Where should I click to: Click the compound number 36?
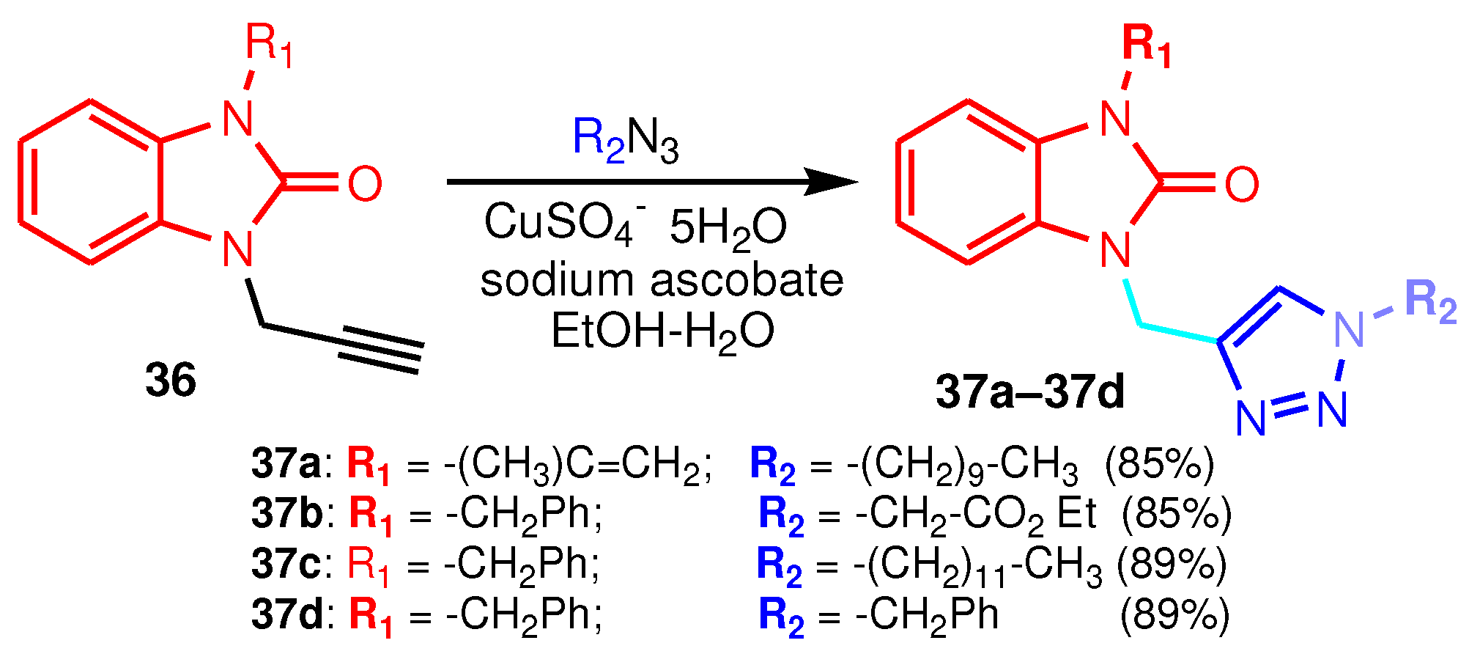click(171, 381)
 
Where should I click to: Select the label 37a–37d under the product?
click(1029, 392)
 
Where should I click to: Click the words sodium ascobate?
click(662, 280)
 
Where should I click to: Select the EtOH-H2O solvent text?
click(662, 331)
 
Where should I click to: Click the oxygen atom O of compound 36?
click(364, 183)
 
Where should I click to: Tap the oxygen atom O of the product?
click(1241, 184)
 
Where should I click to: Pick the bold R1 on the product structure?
click(1147, 45)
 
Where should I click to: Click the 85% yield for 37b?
click(1177, 514)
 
